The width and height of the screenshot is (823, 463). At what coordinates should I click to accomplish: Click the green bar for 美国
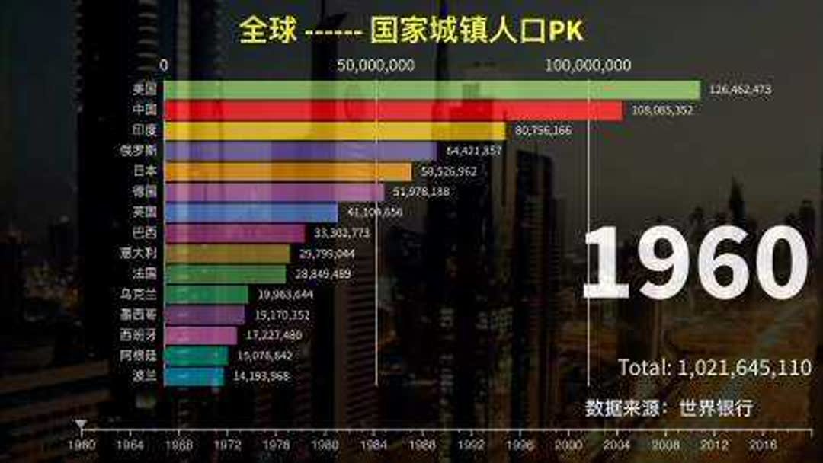431,90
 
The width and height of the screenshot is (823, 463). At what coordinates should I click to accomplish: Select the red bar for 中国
392,110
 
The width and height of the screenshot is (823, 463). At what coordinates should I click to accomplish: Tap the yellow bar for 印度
335,131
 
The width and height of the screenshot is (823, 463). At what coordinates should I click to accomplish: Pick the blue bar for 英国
251,213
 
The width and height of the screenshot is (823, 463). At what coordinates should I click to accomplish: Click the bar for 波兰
194,377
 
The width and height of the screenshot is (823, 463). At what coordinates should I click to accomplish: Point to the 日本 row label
144,172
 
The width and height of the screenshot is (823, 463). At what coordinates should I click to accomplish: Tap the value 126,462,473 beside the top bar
740,90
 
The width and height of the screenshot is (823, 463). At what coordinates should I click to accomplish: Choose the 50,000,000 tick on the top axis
376,65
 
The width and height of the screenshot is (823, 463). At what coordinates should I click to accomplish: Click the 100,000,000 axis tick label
588,65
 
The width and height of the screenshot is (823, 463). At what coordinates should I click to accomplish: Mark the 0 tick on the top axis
165,65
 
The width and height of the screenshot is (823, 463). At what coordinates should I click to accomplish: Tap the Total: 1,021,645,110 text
714,368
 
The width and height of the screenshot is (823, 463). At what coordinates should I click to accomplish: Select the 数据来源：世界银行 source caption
668,407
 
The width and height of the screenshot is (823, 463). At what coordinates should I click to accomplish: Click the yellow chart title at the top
410,30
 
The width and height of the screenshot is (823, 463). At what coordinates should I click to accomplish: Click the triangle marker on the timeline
82,424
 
